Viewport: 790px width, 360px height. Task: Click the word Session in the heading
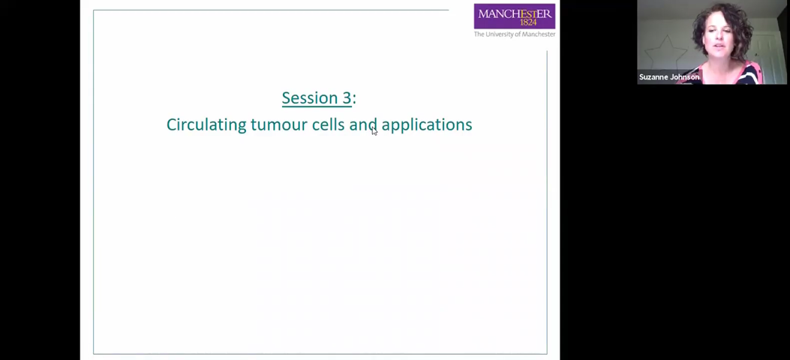[x=305, y=97]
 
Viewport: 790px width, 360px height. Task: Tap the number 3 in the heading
[x=347, y=97]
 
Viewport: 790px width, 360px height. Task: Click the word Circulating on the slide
[x=206, y=124]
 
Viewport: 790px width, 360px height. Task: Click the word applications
[x=426, y=125]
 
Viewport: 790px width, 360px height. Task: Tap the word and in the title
[x=362, y=124]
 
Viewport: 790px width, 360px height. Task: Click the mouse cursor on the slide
[x=374, y=131]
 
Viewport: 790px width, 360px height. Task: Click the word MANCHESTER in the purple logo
[x=515, y=13]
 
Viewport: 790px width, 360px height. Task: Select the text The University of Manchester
[x=515, y=34]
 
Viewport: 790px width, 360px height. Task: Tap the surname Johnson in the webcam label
[x=684, y=77]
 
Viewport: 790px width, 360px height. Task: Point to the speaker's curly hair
[x=731, y=22]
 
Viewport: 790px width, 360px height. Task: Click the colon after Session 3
[x=354, y=98]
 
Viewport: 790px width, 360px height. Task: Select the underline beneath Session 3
[x=317, y=106]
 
